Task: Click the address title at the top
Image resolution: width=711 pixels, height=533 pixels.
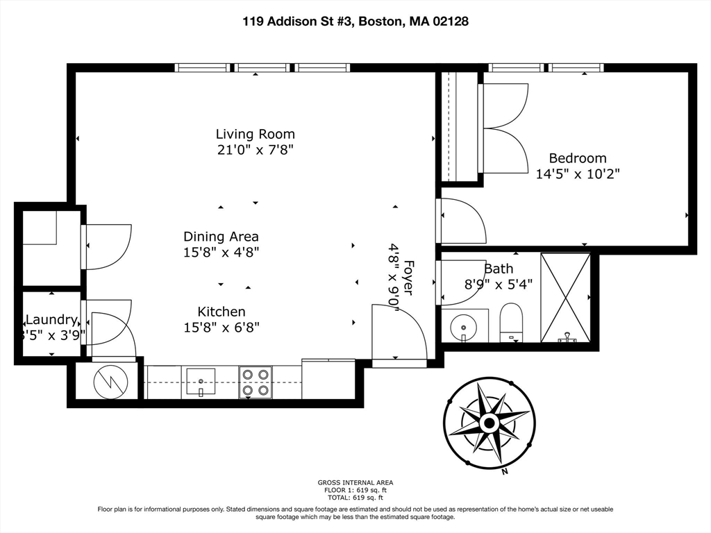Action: tap(355, 22)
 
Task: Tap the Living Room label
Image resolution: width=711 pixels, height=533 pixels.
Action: tap(255, 134)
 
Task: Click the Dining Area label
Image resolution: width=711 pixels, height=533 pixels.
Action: tap(221, 236)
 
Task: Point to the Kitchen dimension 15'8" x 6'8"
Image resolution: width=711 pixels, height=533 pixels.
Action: tap(221, 327)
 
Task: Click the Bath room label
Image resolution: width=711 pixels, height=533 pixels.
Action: tap(499, 269)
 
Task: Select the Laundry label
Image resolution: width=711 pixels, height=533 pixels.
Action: tap(51, 320)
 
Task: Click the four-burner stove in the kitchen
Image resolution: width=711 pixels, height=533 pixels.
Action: tap(255, 382)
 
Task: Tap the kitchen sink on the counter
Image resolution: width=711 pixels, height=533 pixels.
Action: tap(200, 381)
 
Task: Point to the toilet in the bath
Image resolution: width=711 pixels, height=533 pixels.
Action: tap(511, 321)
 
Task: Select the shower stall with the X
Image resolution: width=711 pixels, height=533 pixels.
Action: tap(565, 297)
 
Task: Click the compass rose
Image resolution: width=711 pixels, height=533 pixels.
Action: tap(489, 422)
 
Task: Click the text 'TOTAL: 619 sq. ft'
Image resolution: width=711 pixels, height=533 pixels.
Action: tap(355, 498)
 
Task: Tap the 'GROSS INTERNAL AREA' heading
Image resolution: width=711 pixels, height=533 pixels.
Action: tap(355, 482)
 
